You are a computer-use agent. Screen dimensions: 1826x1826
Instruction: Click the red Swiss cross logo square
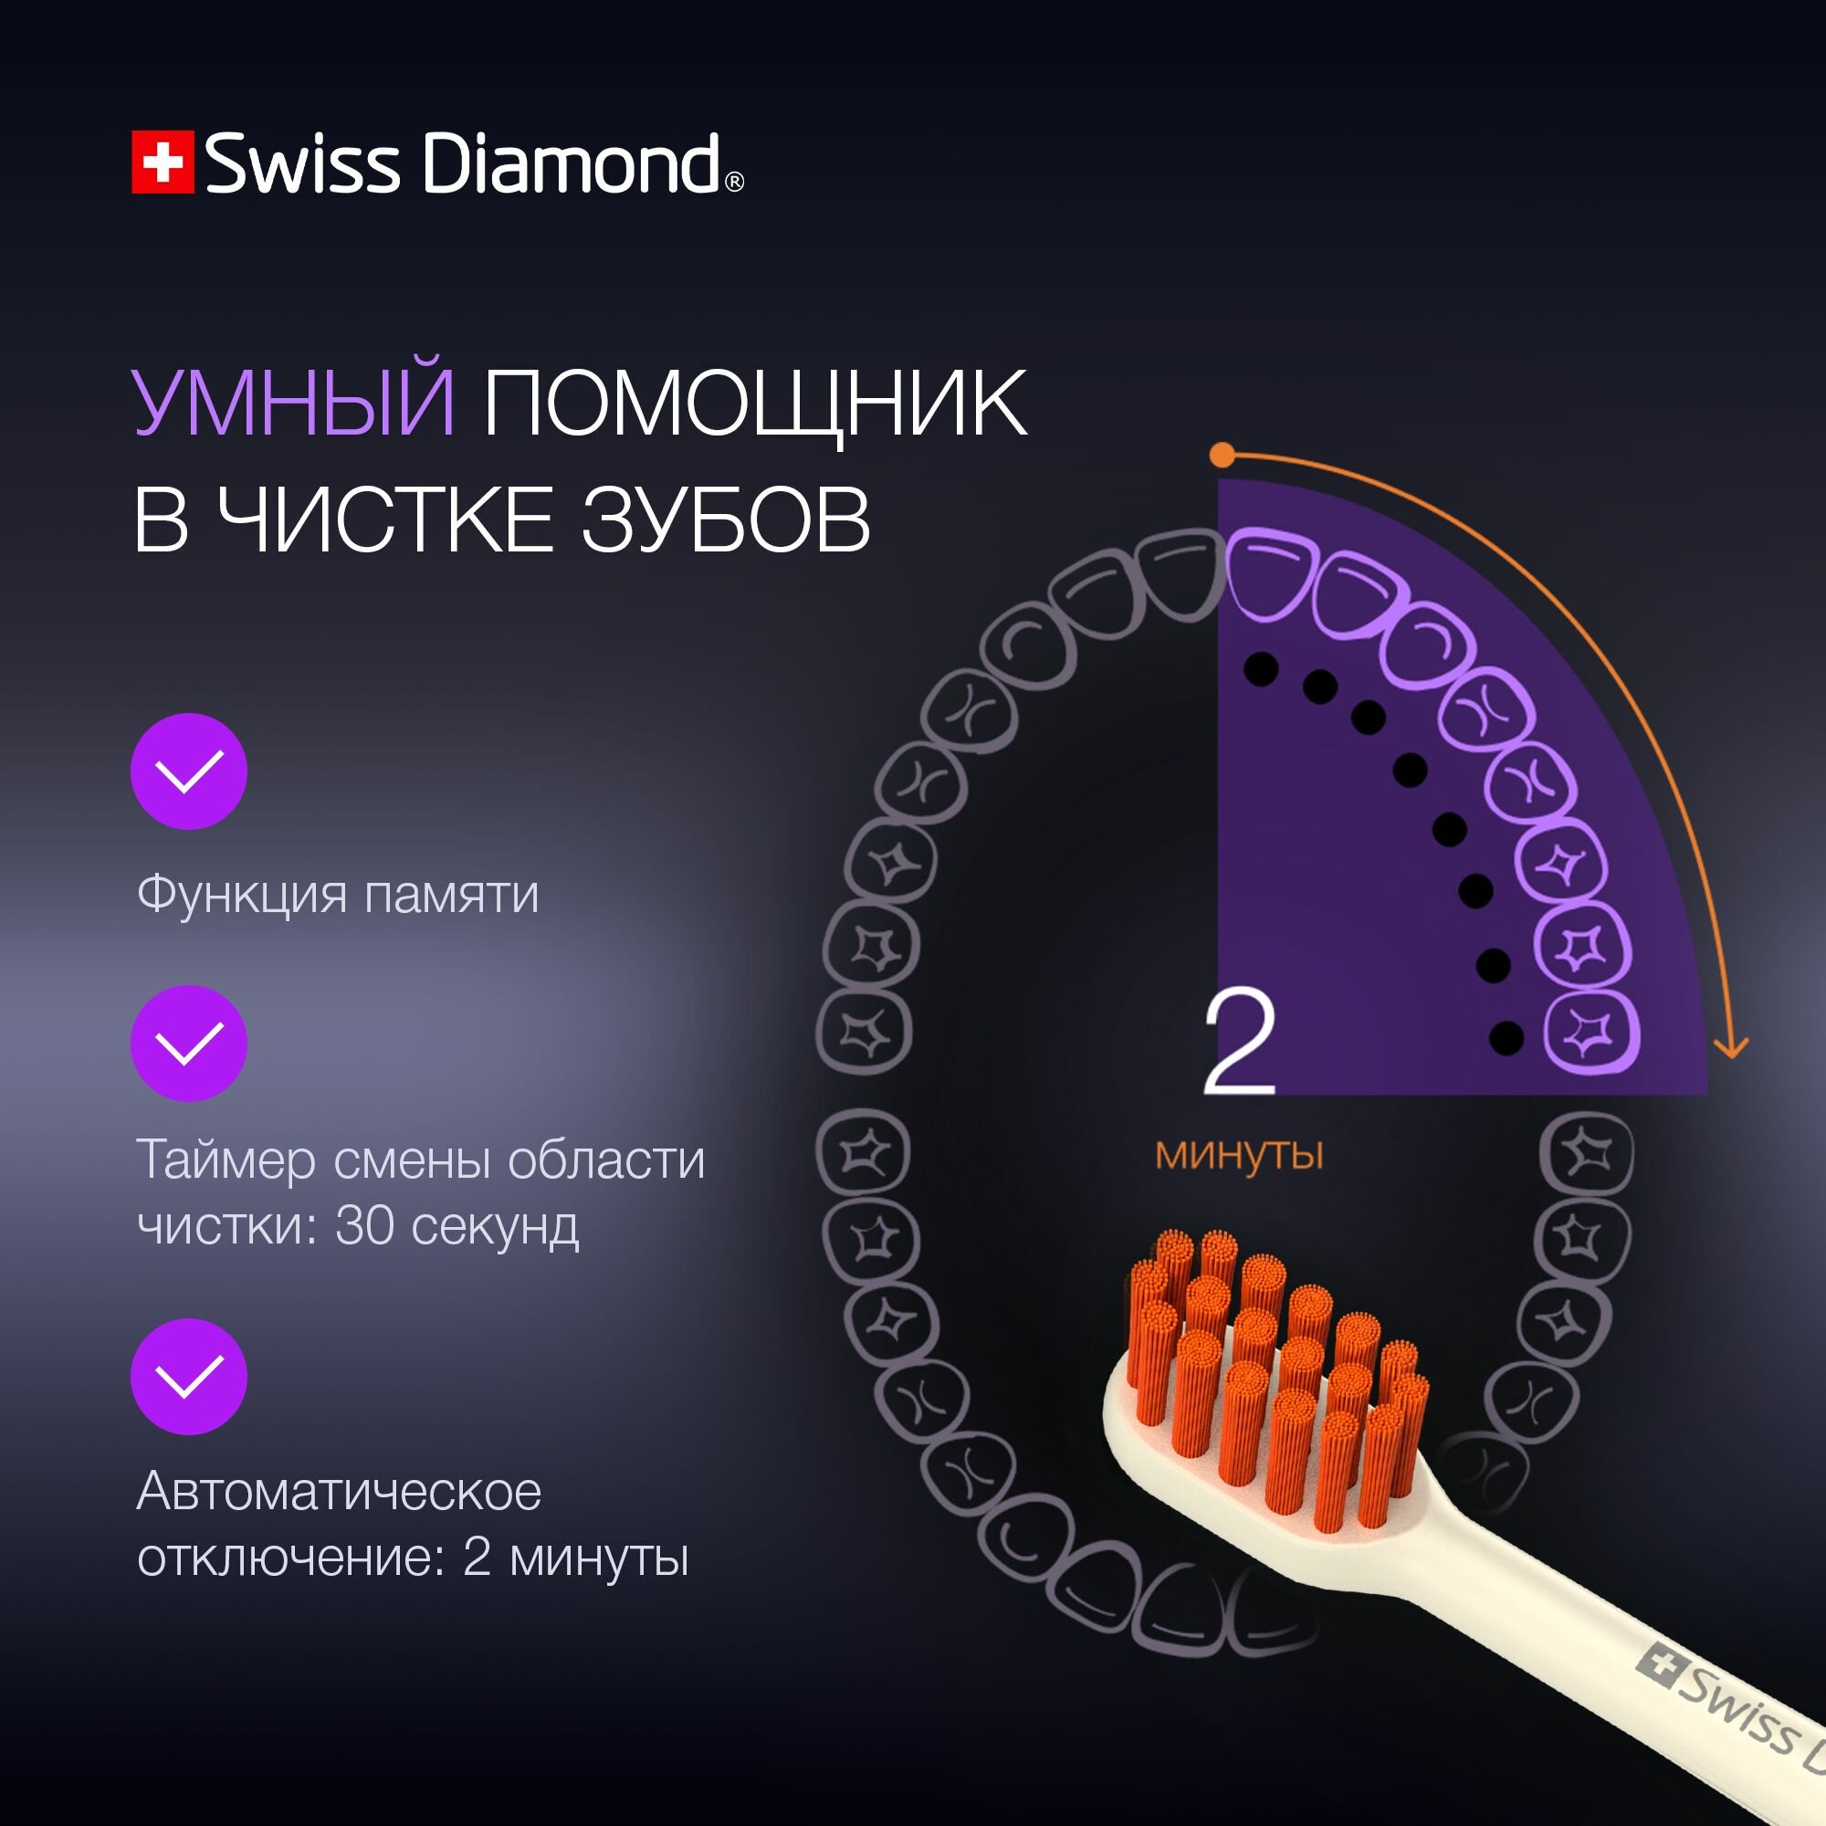click(163, 163)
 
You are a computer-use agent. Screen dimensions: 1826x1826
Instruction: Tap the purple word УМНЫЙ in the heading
click(294, 404)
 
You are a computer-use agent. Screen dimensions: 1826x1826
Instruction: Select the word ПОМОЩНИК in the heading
click(754, 405)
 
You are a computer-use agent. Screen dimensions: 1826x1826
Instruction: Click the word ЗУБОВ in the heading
click(725, 519)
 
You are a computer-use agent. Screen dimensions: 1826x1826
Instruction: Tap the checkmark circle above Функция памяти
click(189, 771)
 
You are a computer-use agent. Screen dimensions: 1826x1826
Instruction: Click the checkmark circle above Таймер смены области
click(189, 1044)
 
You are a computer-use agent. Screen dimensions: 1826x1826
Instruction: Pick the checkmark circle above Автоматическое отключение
click(189, 1376)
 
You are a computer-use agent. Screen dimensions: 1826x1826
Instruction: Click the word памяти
click(452, 895)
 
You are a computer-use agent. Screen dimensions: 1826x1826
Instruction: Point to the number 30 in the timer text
click(364, 1226)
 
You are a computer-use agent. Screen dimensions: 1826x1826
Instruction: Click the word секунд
click(495, 1226)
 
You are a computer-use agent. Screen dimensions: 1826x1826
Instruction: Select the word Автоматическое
click(340, 1493)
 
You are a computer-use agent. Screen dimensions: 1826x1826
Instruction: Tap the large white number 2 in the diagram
click(1239, 1043)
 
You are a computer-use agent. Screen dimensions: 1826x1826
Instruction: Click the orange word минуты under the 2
click(1239, 1155)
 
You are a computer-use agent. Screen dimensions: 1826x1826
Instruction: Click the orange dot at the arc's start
click(1223, 456)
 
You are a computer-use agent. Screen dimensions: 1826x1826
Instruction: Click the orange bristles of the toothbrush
click(1276, 1370)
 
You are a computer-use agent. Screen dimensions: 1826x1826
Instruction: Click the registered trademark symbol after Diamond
click(734, 183)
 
